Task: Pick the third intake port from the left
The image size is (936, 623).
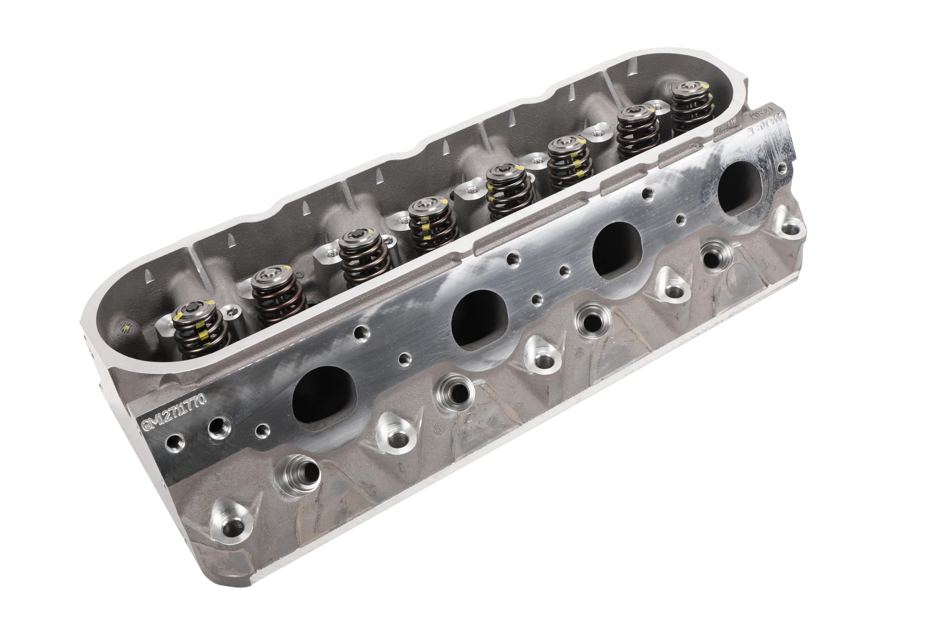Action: click(x=616, y=249)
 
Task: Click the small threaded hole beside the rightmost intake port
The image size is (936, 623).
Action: click(x=781, y=167)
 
